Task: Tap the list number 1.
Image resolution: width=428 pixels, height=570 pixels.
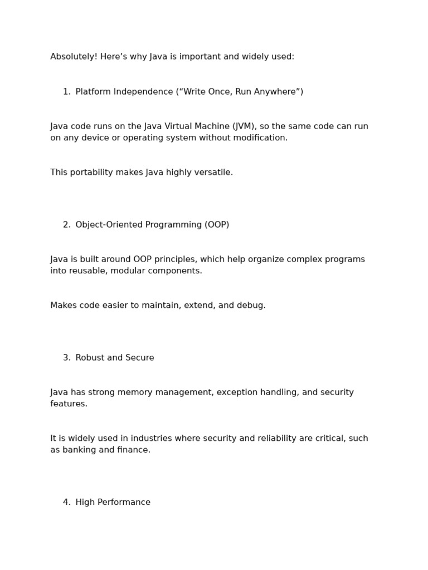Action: pos(66,92)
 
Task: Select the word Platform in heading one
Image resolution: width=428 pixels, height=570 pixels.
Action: pos(93,92)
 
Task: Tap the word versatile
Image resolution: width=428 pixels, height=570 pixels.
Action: pos(214,173)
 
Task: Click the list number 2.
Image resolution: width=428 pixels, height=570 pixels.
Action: pos(66,225)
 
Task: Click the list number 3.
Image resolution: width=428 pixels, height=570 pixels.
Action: pos(66,358)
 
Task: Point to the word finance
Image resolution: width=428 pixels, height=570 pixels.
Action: pos(134,450)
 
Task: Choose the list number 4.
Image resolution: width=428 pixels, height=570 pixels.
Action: pos(66,502)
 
